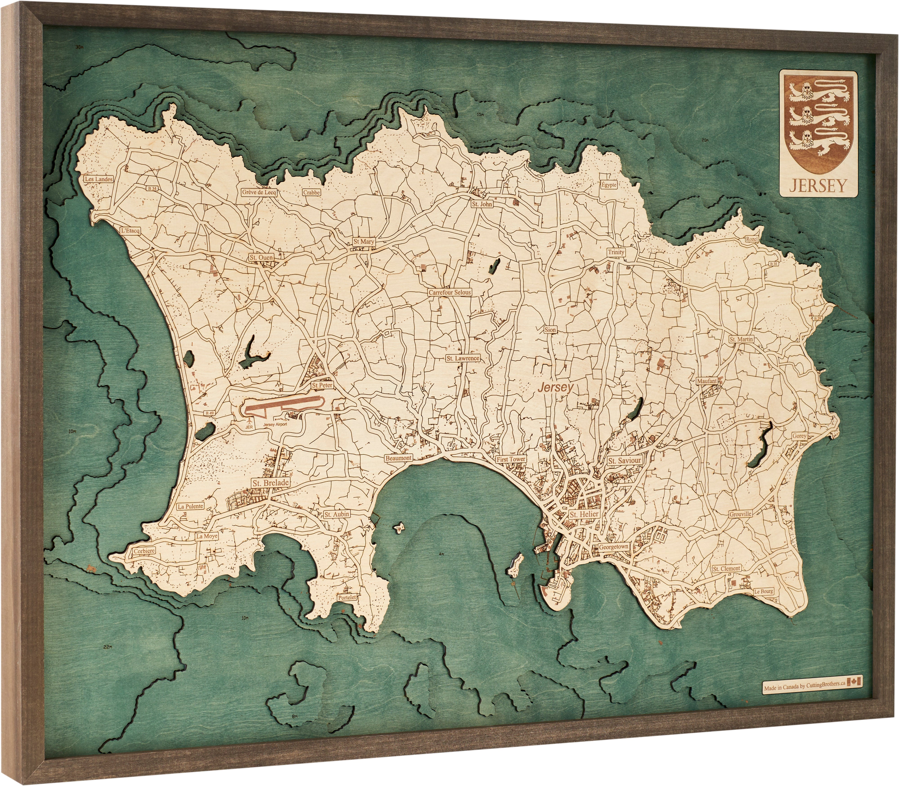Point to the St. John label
click(482, 204)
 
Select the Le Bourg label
click(763, 591)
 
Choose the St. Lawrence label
click(463, 358)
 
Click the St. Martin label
click(741, 339)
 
